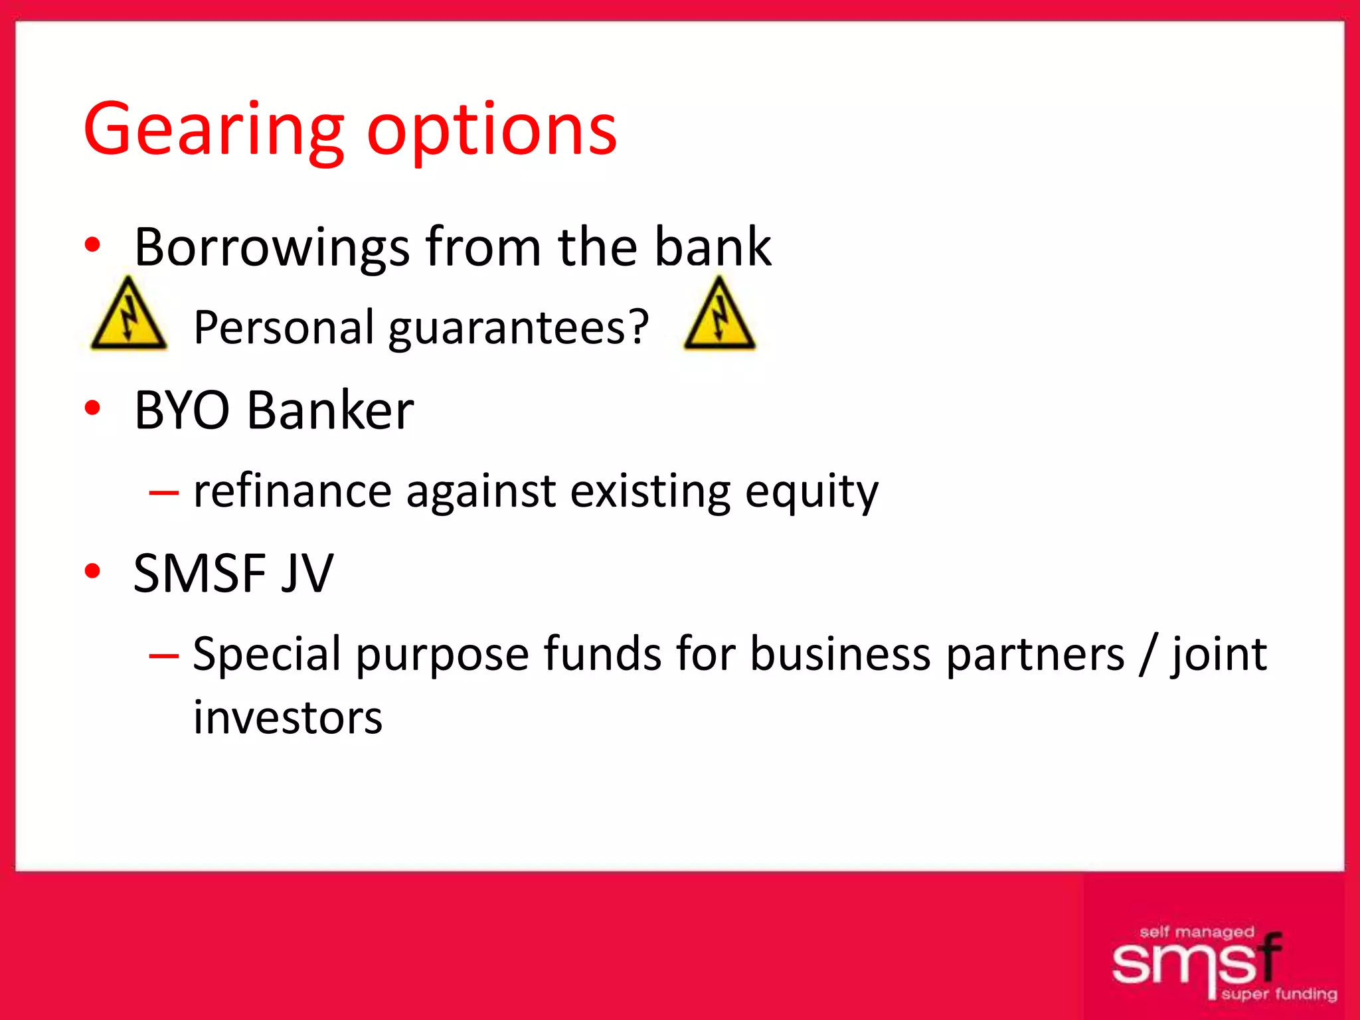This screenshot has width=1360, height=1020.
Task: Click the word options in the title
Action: [x=491, y=129]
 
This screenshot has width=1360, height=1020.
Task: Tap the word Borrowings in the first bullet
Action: [x=272, y=248]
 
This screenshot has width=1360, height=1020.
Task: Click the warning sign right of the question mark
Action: [x=719, y=315]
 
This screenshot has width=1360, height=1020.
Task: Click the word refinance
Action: [x=292, y=491]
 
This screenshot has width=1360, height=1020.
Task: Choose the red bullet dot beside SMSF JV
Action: [x=92, y=570]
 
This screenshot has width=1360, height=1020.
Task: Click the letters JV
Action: [x=307, y=573]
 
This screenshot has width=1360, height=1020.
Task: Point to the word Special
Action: [x=266, y=654]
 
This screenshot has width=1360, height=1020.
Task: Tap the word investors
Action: [x=288, y=718]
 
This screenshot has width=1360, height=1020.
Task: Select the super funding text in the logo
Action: [x=1278, y=994]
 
